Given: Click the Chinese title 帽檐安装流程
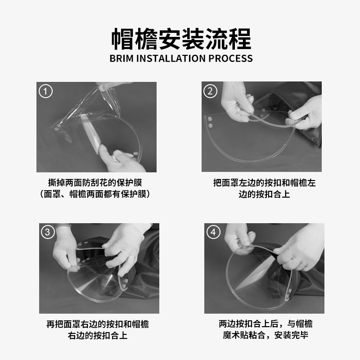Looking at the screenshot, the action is click(x=181, y=39).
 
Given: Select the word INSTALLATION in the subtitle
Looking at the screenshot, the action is click(x=171, y=58).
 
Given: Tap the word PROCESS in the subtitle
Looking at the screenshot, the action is click(x=230, y=58).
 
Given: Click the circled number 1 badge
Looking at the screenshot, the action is click(x=45, y=91).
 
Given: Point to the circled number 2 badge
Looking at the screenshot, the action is click(x=210, y=91).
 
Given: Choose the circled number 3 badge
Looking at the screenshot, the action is click(x=48, y=232).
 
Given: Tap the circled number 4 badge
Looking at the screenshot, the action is click(x=213, y=232).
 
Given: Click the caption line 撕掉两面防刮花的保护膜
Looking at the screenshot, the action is click(x=95, y=183).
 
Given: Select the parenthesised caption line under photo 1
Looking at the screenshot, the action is click(x=95, y=194).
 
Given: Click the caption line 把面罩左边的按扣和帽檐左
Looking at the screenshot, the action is click(x=264, y=183).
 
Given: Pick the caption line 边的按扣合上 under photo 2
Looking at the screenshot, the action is click(x=264, y=194).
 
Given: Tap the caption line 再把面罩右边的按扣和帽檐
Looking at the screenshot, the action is click(x=98, y=324).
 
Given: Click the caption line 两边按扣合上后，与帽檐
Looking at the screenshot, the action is click(x=265, y=324).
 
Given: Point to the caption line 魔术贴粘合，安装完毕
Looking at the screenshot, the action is click(x=265, y=335).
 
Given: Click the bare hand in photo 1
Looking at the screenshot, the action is click(x=121, y=161).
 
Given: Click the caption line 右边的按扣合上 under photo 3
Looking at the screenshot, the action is click(x=98, y=336).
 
